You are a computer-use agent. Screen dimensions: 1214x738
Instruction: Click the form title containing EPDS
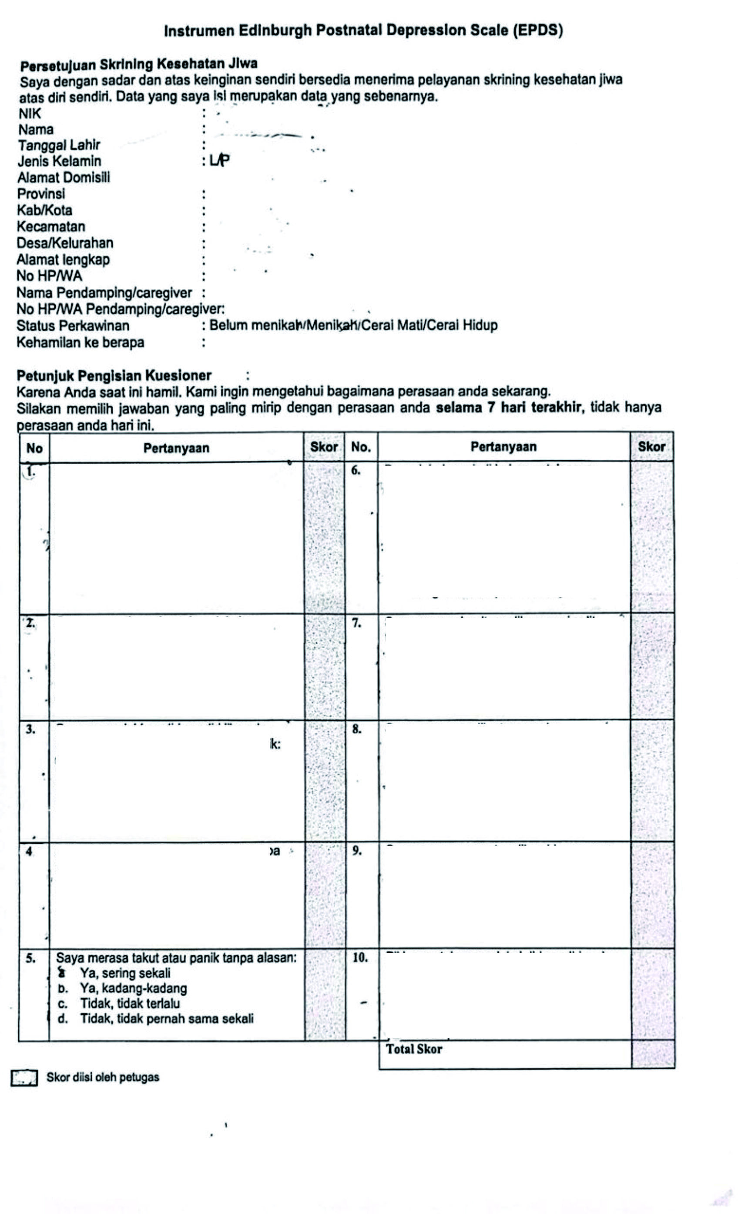(x=363, y=30)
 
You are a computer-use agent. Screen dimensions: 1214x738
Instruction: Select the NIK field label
(x=30, y=114)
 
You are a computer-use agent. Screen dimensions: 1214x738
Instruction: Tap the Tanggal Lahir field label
(x=59, y=145)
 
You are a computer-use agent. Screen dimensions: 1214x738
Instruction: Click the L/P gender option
(x=219, y=161)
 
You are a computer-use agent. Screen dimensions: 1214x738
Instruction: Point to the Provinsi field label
(x=41, y=194)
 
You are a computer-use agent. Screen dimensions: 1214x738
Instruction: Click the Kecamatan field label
(x=51, y=227)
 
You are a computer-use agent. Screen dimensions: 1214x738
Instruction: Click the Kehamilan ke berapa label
(x=81, y=342)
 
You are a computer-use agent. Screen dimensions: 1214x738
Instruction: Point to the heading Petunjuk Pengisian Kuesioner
(x=114, y=375)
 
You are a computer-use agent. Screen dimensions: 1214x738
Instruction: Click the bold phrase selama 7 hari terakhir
(x=510, y=408)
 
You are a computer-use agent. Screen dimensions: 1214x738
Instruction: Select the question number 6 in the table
(x=356, y=471)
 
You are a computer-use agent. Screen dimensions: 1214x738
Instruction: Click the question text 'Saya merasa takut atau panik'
(x=176, y=958)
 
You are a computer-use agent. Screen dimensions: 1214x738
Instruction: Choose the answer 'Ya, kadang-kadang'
(x=133, y=988)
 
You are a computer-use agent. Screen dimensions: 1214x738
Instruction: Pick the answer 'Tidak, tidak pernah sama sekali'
(x=167, y=1018)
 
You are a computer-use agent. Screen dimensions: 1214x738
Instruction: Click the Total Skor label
(x=414, y=1049)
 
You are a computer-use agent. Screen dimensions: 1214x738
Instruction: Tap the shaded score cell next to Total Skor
(x=652, y=1054)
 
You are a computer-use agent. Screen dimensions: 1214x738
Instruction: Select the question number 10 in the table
(x=360, y=957)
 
